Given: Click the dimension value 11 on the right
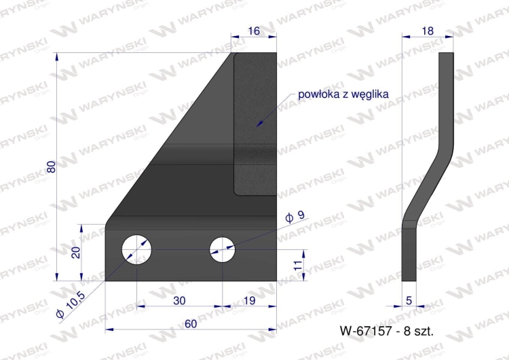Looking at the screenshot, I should pyautogui.click(x=297, y=266).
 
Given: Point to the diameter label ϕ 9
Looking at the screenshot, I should pyautogui.click(x=295, y=217).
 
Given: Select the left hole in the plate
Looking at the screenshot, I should pyautogui.click(x=136, y=249).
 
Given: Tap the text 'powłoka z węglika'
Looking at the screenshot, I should pyautogui.click(x=343, y=94).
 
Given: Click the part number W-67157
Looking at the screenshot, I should pyautogui.click(x=367, y=331).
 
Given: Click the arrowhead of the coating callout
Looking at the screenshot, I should pyautogui.click(x=258, y=124).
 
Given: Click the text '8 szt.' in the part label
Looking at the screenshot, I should pyautogui.click(x=419, y=331).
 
